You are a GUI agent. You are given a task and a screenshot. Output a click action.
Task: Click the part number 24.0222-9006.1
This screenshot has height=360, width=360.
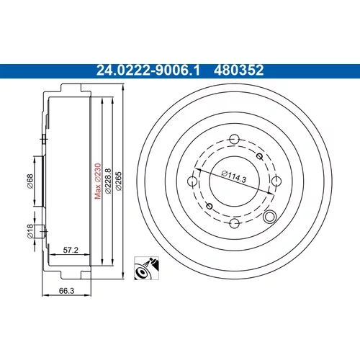148,71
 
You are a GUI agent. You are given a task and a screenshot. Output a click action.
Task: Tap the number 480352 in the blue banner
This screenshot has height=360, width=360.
239,71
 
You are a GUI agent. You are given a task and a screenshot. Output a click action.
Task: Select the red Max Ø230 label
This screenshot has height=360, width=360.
98,181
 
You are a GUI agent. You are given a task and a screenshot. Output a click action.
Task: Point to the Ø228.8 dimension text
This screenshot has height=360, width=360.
108,181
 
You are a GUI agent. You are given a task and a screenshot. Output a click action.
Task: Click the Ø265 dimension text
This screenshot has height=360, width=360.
119,181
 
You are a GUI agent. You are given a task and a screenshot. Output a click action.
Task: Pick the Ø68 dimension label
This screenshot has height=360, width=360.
30,181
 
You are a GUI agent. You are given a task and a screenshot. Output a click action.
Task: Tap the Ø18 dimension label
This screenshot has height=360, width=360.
30,231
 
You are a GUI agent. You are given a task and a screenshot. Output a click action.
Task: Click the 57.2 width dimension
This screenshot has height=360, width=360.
71,250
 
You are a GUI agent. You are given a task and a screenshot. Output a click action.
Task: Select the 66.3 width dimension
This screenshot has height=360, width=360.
66,291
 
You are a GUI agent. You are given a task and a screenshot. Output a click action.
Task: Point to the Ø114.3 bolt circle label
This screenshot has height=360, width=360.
234,176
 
